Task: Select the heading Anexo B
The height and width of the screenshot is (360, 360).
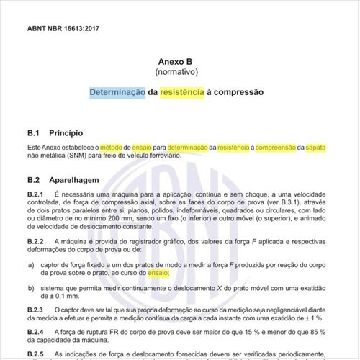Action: coord(179,63)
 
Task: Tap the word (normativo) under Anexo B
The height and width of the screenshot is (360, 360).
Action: coord(179,73)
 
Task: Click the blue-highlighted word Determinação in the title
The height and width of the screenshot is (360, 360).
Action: coord(117,93)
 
